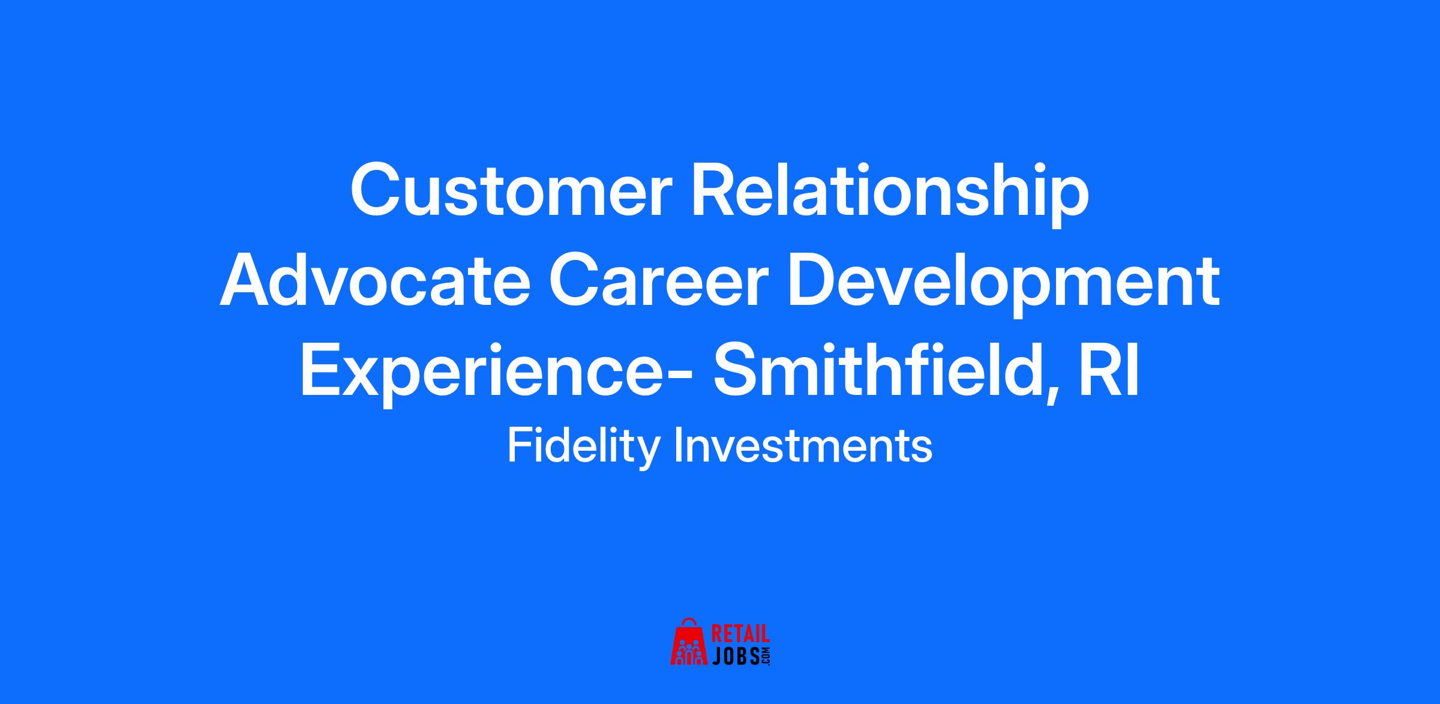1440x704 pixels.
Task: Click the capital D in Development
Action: click(x=812, y=280)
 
